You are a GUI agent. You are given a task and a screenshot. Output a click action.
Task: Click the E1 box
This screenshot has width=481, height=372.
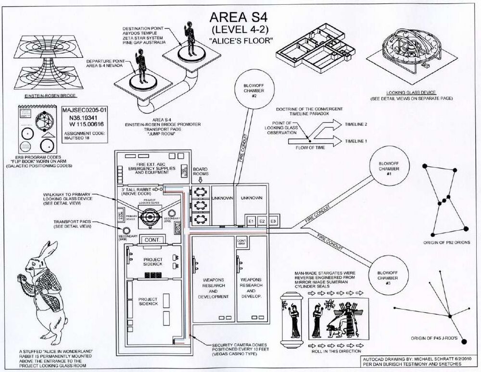[251, 221]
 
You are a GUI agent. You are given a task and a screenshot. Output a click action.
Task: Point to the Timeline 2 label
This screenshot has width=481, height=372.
[356, 124]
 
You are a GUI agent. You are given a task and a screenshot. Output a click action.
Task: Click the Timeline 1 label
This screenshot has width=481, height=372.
[356, 141]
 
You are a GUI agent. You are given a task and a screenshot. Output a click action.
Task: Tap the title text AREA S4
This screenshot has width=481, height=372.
[238, 17]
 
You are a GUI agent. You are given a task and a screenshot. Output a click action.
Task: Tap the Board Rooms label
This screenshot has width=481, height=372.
[200, 173]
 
